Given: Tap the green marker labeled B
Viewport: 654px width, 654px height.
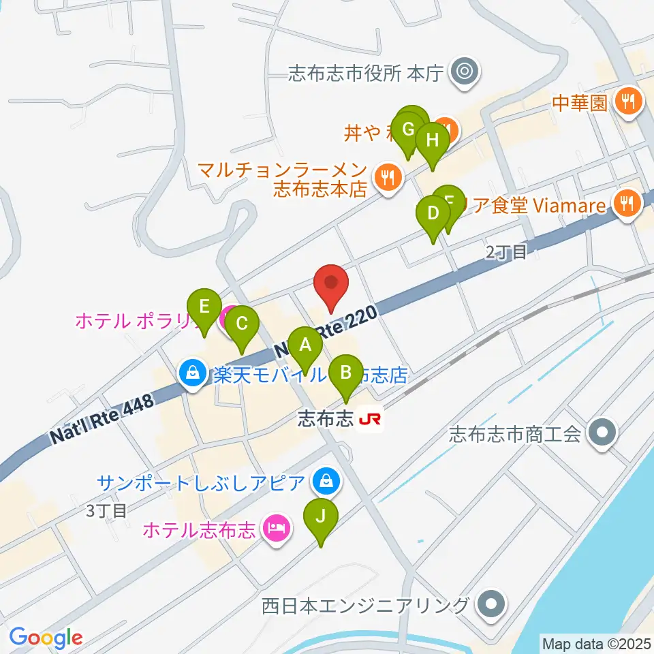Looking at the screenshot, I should (x=346, y=373).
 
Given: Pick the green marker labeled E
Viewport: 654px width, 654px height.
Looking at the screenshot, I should (x=204, y=306).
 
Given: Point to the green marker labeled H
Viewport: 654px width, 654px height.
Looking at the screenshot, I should (x=433, y=140).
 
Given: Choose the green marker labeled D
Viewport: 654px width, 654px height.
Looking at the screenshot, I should (x=433, y=213).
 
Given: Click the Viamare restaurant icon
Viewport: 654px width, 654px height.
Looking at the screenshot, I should (x=625, y=202).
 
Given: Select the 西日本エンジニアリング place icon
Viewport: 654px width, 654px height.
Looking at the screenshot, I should (x=490, y=604).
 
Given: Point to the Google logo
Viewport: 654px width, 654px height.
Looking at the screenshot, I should (x=46, y=638).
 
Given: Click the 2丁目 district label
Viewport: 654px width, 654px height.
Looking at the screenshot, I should (x=506, y=253).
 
